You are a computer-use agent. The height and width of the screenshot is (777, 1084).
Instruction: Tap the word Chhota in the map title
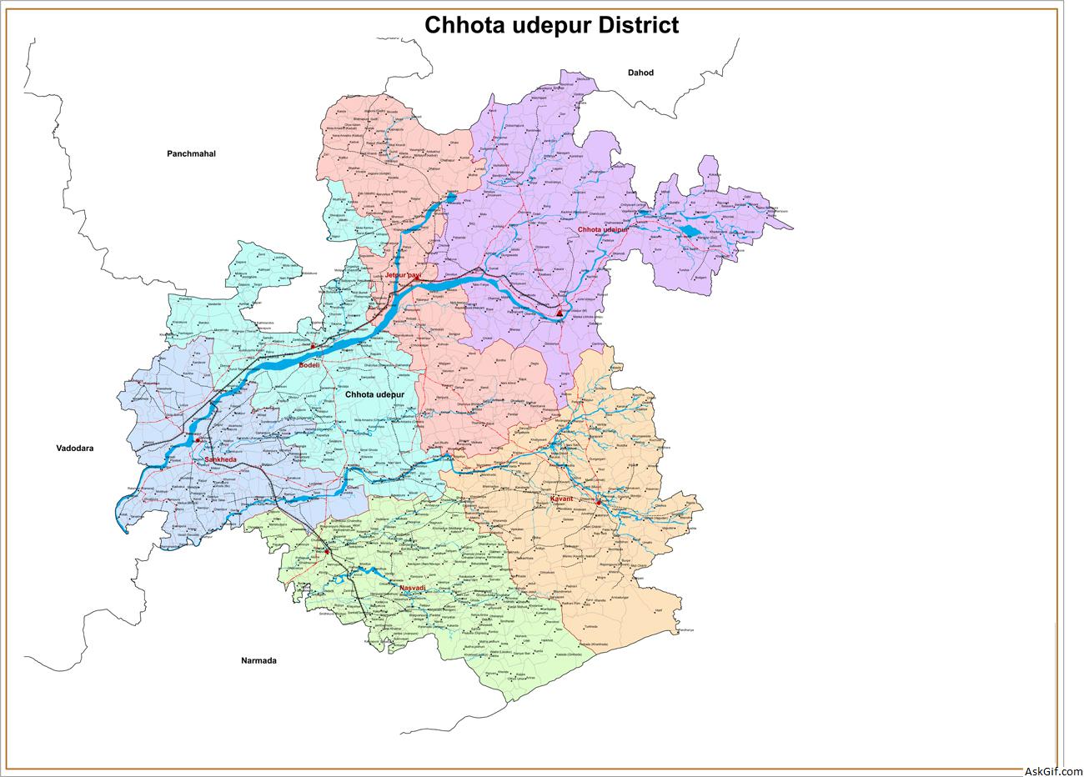[462, 25]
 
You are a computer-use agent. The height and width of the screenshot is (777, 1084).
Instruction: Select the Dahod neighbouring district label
[640, 73]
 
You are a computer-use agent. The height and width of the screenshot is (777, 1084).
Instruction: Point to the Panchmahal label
[191, 153]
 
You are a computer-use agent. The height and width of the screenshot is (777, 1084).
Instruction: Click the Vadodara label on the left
[75, 448]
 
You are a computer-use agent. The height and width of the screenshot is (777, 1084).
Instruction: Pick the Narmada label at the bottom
[258, 660]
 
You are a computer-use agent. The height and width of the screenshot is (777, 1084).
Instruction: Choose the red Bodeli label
[310, 363]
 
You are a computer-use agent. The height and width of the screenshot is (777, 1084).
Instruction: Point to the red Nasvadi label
[412, 589]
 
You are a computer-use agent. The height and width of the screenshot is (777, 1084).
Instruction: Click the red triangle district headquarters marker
[560, 313]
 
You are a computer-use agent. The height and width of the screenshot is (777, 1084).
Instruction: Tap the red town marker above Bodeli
[313, 345]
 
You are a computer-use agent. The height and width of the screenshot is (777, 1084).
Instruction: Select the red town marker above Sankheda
[198, 439]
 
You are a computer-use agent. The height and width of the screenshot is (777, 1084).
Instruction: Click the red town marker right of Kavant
[598, 502]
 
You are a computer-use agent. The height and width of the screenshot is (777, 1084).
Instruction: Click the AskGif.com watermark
[1051, 770]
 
